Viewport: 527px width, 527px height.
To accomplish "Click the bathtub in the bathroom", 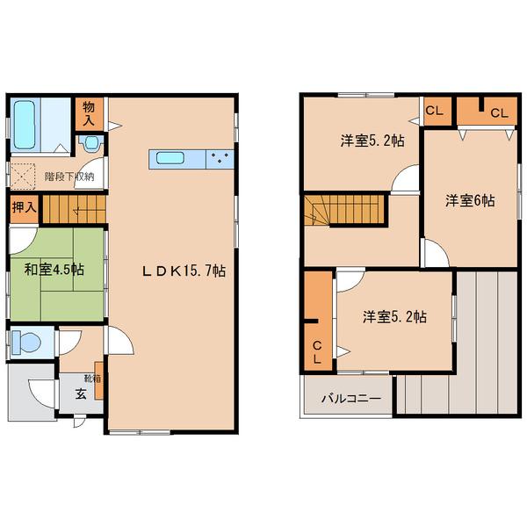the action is point(25,125).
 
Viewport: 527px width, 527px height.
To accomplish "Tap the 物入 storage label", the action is point(89,114).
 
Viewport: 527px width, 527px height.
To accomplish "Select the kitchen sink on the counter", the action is point(170,159).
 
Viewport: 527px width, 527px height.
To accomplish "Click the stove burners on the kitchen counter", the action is point(220,159).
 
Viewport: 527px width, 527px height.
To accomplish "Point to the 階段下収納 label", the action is point(69,177).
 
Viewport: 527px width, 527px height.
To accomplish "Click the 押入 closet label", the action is point(24,207).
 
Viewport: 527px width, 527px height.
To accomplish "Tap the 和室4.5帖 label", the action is point(54,270).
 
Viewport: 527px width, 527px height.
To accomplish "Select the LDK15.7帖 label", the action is point(183,271).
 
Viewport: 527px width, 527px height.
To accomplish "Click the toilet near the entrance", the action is point(25,343).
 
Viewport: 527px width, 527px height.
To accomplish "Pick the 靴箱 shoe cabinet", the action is point(98,380).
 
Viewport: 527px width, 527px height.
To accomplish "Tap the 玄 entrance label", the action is point(81,393).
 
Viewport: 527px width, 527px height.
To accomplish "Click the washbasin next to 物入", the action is point(90,143).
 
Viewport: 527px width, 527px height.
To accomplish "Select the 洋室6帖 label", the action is point(470,200).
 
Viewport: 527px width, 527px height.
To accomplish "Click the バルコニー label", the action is point(351,399).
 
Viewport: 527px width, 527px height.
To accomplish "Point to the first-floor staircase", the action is point(75,209).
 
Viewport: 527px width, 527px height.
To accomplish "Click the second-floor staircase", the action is point(344,211).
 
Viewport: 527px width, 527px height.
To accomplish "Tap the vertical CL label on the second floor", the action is point(317,352).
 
